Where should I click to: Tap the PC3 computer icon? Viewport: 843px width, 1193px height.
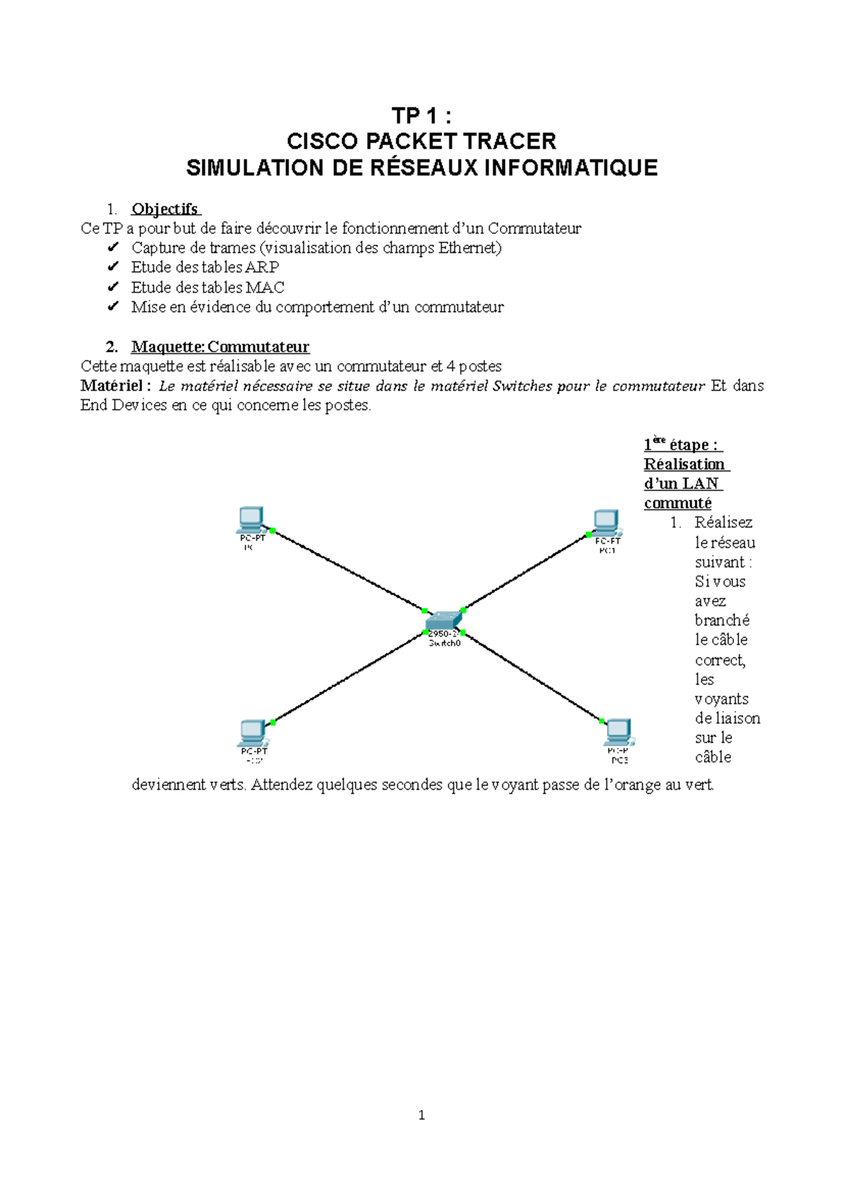[618, 733]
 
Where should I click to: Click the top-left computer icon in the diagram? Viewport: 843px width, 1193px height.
[251, 521]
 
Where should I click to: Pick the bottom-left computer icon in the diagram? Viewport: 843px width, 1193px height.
[252, 733]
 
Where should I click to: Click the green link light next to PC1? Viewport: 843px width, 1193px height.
[589, 535]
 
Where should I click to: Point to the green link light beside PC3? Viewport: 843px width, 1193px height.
[602, 721]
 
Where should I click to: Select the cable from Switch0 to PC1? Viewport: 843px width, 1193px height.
[527, 572]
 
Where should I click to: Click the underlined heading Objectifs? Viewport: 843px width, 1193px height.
[165, 209]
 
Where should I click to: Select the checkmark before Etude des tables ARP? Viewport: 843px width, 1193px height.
[112, 267]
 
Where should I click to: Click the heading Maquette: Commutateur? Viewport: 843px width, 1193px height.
[220, 347]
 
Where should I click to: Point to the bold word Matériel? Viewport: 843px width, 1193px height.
[112, 386]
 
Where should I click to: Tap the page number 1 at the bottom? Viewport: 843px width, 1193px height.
[421, 1115]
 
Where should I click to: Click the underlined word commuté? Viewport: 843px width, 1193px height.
[677, 503]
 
